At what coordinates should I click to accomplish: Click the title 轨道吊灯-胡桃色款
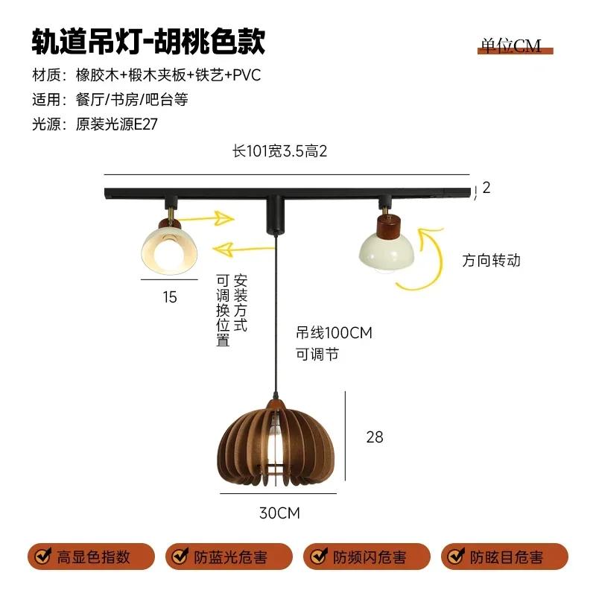(x=148, y=42)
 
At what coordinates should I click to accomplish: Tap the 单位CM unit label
(x=511, y=46)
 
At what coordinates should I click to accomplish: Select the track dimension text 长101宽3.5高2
(x=280, y=151)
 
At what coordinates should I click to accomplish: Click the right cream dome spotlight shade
(x=386, y=252)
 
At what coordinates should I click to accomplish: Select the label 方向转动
(x=491, y=261)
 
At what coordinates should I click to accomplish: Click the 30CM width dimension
(x=277, y=513)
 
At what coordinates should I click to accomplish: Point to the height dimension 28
(x=375, y=437)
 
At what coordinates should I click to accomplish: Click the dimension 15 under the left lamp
(x=170, y=297)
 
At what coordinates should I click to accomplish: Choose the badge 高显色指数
(x=92, y=557)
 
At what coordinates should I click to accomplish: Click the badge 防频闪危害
(x=367, y=557)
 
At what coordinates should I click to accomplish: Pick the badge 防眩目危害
(x=504, y=557)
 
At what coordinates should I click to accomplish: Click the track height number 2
(x=486, y=188)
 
